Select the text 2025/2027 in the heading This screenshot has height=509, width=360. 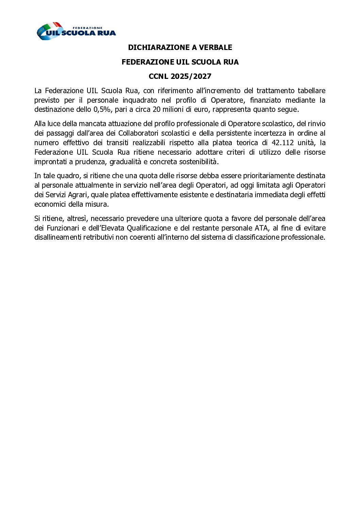tap(191, 77)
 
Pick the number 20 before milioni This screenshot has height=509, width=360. tap(157, 109)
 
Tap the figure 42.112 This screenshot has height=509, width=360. tap(283, 143)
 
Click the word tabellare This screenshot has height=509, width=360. tap(311, 91)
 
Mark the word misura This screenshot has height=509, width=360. tap(98, 204)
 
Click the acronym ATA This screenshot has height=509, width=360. tap(261, 228)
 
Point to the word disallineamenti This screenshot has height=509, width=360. tap(58, 237)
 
